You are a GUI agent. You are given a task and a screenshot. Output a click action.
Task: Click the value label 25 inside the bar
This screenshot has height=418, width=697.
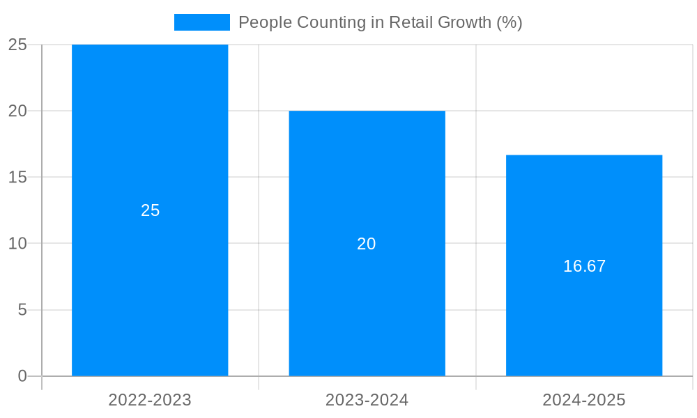tap(151, 210)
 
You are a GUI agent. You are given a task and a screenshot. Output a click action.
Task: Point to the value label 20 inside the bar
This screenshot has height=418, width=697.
tap(367, 244)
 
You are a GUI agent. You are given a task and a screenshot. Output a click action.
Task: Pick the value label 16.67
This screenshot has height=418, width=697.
tap(584, 266)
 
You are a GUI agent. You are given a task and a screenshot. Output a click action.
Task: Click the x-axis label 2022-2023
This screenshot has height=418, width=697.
tap(150, 400)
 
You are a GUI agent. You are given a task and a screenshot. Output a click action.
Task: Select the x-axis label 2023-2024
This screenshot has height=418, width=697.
tap(367, 400)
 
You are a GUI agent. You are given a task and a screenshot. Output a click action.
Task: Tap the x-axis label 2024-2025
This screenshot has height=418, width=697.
tap(584, 400)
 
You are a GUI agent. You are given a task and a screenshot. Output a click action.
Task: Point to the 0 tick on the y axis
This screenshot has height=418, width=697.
tap(22, 376)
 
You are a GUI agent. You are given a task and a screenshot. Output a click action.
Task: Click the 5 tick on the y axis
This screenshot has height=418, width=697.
tap(22, 310)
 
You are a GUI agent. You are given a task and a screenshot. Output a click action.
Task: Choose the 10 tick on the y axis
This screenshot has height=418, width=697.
tap(17, 244)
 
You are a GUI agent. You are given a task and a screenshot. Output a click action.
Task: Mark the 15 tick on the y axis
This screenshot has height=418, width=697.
tap(17, 177)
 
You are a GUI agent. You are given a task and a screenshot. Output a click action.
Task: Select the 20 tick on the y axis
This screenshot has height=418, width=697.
tap(17, 111)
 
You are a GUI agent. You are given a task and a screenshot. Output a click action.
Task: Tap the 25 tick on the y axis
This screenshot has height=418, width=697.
tap(17, 45)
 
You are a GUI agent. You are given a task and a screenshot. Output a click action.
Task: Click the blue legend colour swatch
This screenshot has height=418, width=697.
tap(201, 22)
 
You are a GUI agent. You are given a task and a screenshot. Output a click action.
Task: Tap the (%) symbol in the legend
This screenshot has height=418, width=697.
tap(509, 22)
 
